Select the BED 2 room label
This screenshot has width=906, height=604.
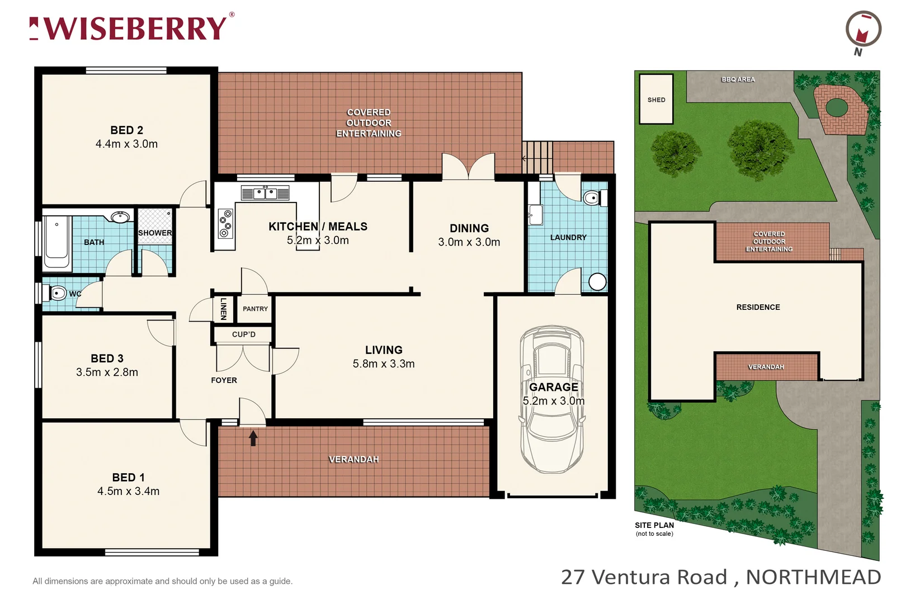click(126, 130)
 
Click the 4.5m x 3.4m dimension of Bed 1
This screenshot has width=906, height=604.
click(128, 491)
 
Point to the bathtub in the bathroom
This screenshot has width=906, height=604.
click(56, 244)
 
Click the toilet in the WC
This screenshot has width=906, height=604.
click(58, 292)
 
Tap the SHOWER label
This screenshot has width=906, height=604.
click(155, 233)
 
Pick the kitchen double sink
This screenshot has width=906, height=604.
click(265, 194)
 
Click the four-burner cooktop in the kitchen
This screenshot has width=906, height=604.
click(225, 223)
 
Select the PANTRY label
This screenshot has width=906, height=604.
click(255, 309)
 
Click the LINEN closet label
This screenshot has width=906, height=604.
click(223, 309)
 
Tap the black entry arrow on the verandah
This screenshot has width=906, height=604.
click(253, 438)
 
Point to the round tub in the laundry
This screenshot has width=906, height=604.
click(597, 281)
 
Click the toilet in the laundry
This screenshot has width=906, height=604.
click(593, 197)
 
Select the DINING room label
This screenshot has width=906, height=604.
click(469, 228)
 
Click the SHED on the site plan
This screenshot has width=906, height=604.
click(656, 100)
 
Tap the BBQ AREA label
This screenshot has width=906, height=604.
click(738, 79)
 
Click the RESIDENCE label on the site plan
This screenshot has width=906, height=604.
click(758, 307)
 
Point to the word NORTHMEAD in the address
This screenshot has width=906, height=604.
click(813, 577)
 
